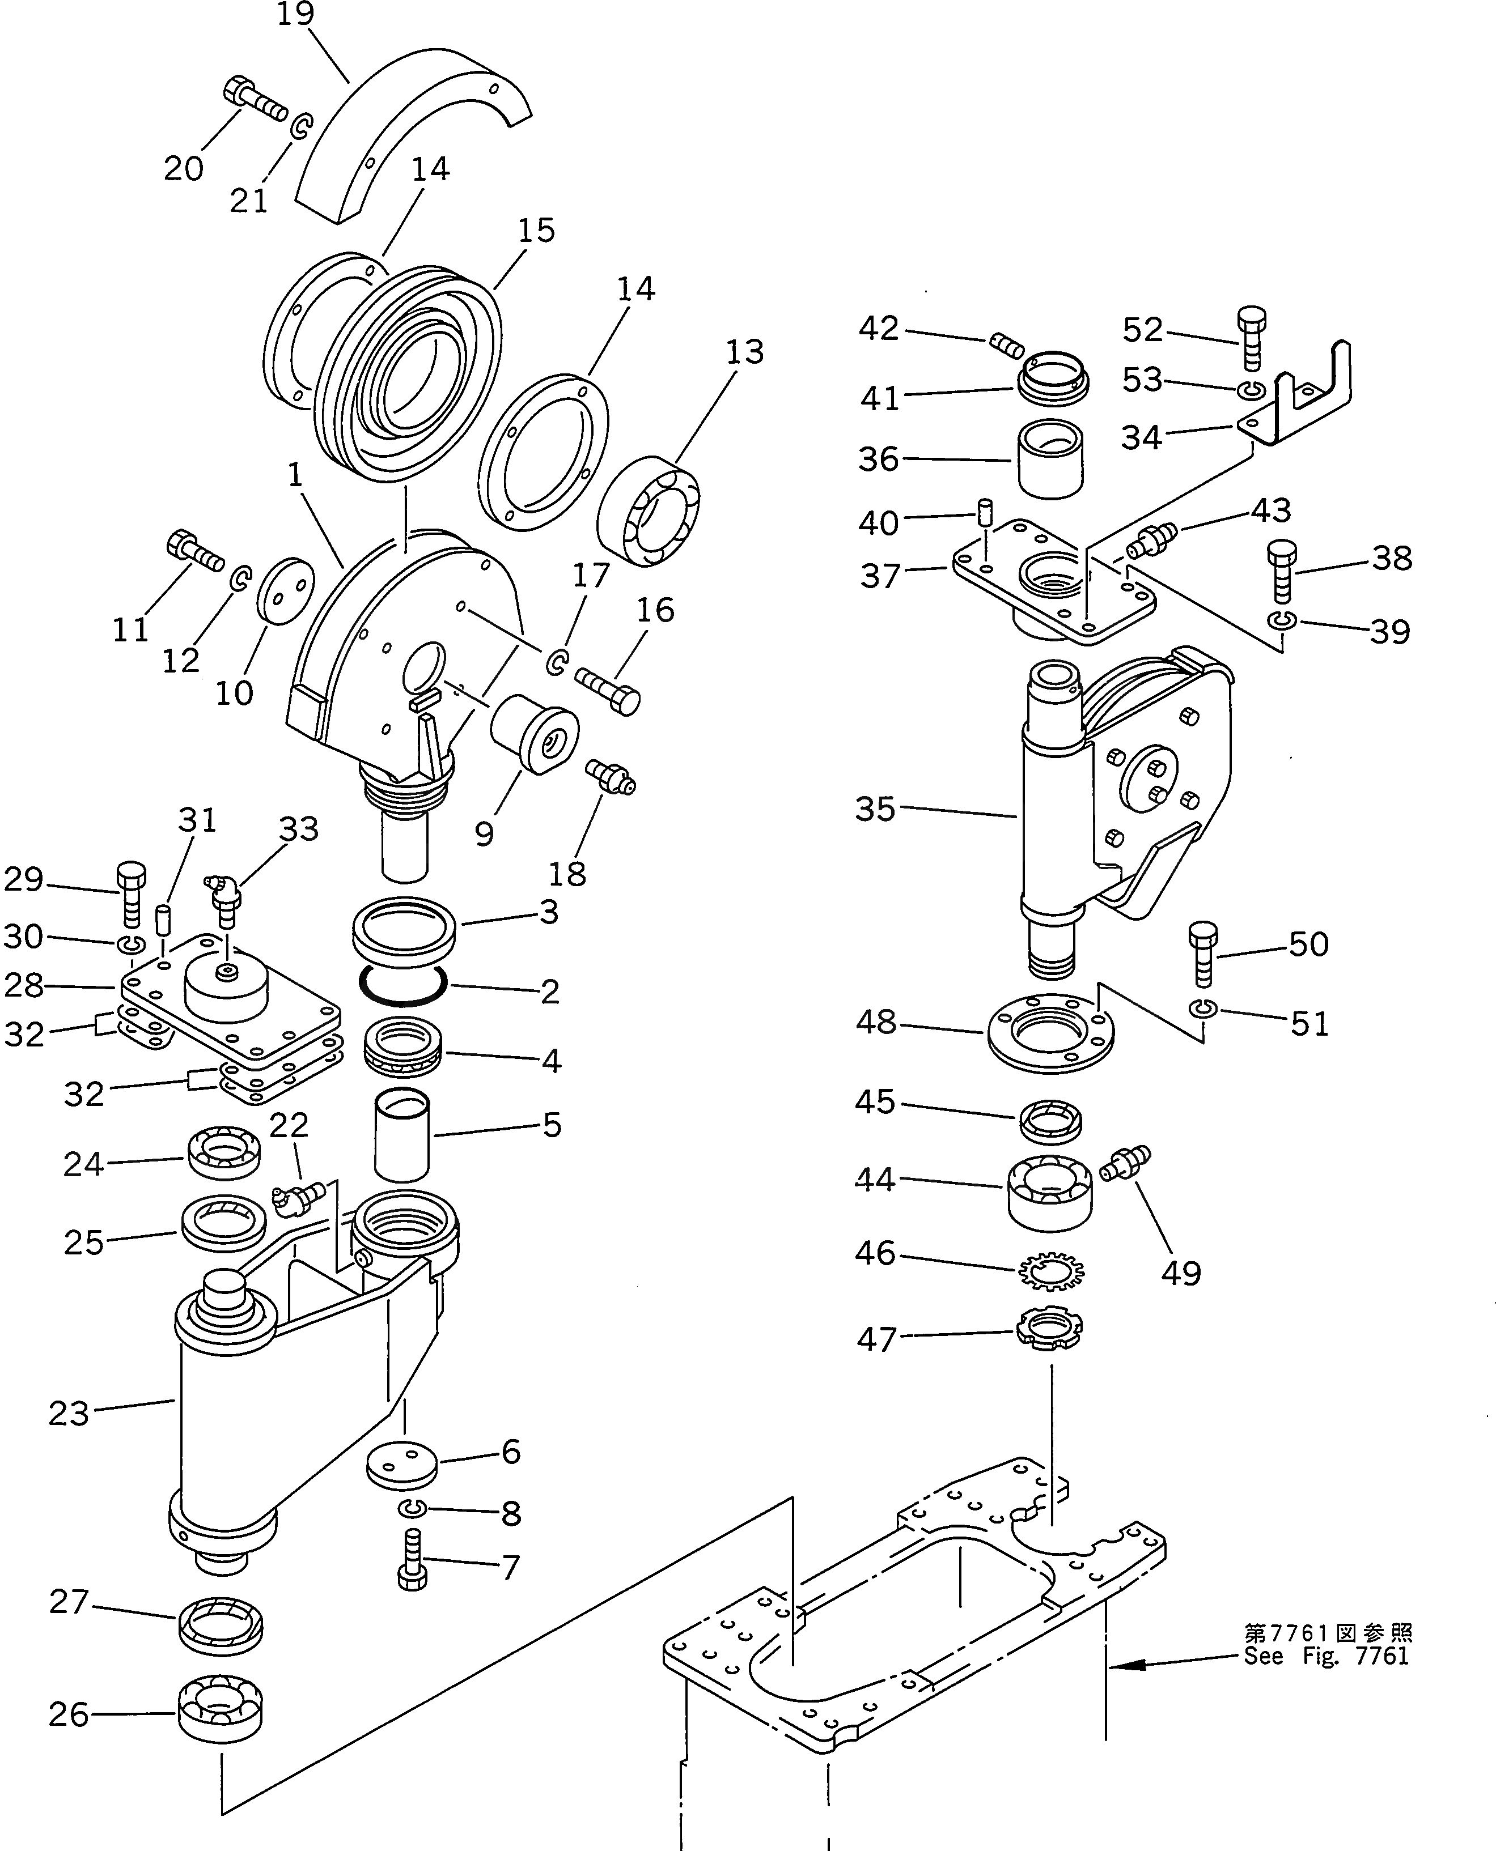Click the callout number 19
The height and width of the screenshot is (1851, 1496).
(295, 15)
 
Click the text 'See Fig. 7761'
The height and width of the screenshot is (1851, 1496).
(1327, 1656)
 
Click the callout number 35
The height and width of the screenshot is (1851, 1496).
(875, 809)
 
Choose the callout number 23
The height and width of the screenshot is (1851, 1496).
(69, 1414)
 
